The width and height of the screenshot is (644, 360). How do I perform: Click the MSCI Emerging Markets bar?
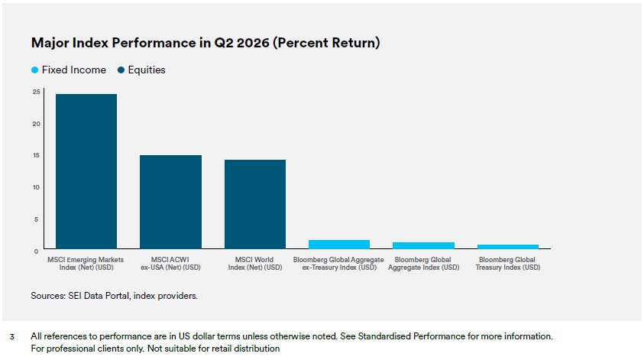pos(86,171)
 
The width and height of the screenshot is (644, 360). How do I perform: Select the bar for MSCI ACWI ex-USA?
pos(171,202)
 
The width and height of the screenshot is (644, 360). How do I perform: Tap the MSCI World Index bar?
pos(255,204)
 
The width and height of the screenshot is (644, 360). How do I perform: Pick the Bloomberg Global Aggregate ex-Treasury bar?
pos(339,245)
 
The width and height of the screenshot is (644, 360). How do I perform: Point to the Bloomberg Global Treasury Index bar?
pos(508,247)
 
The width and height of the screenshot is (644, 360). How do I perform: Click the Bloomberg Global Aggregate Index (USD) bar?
pos(423,246)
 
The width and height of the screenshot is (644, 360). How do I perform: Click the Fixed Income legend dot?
pos(35,70)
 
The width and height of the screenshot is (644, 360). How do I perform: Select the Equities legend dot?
pos(121,70)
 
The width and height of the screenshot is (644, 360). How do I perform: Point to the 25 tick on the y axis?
pos(37,92)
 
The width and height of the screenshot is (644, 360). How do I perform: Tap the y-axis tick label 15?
pos(37,155)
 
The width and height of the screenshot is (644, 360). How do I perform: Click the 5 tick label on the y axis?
pos(37,219)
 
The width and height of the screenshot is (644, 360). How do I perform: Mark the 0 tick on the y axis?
pos(37,251)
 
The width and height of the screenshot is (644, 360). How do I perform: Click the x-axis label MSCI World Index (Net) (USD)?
pos(255,264)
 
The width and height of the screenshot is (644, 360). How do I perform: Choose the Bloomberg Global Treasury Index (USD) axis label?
pos(508,264)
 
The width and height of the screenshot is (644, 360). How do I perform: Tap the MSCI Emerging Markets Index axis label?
pos(86,264)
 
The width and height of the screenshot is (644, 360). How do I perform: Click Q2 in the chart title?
pos(223,43)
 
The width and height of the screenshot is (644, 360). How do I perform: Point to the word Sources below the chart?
pos(47,296)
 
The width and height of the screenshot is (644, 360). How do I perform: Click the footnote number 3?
pos(12,337)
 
